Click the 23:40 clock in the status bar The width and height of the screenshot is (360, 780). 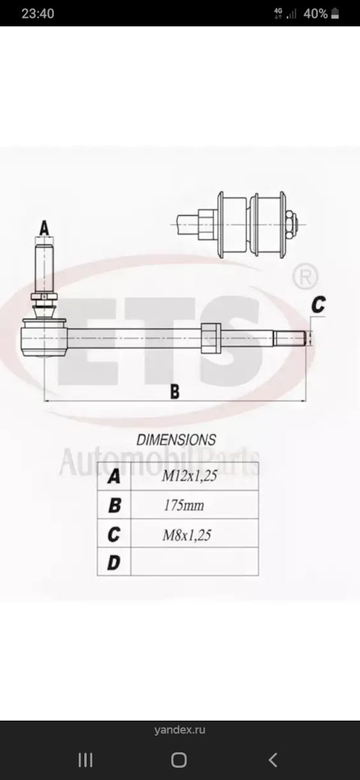(x=37, y=13)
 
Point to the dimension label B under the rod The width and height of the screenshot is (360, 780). (x=174, y=391)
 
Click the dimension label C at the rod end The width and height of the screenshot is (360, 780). (x=318, y=304)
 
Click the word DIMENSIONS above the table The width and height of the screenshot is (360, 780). (x=176, y=440)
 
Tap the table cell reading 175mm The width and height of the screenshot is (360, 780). (x=184, y=505)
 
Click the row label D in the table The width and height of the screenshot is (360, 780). (x=114, y=562)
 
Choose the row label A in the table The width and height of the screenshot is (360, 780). (x=114, y=476)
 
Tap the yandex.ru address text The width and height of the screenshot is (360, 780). (x=179, y=729)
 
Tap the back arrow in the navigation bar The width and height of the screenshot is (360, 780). (x=273, y=760)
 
